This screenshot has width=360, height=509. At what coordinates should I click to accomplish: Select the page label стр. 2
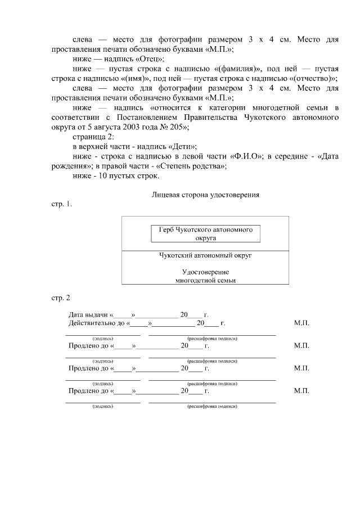coord(58,296)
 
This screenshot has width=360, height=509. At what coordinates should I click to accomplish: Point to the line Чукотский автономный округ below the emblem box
coord(205,255)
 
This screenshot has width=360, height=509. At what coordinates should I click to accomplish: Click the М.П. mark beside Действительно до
coord(301,323)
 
